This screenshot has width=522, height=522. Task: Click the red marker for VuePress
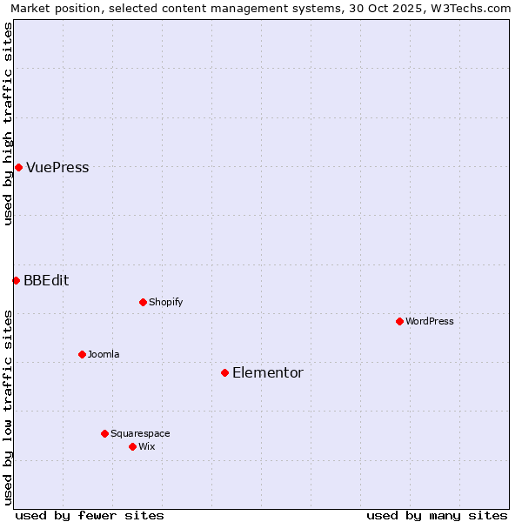pos(18,167)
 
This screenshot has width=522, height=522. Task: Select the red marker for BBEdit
pos(16,280)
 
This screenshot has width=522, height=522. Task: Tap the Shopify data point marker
pos(143,302)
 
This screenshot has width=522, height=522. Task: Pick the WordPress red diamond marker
pos(399,321)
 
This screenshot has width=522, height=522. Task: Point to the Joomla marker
pos(82,354)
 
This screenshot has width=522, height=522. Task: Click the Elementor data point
pos(224,372)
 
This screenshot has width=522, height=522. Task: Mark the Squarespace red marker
pos(104,433)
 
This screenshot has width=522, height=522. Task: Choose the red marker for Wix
pos(132,446)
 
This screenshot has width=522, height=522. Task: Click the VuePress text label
pos(57,168)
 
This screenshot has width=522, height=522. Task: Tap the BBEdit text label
pos(46,280)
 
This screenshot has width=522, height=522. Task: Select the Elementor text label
pos(268,373)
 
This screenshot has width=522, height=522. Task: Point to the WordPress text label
pos(430,321)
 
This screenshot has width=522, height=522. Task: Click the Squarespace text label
pos(140,433)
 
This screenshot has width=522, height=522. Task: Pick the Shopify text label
pos(165,302)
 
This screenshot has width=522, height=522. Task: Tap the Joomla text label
pos(104,354)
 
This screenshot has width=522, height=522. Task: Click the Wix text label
pos(146,446)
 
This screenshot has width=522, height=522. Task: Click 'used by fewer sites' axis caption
pos(90,515)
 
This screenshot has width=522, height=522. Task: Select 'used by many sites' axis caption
pos(437,515)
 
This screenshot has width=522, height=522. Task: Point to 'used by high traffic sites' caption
pos(8,124)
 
